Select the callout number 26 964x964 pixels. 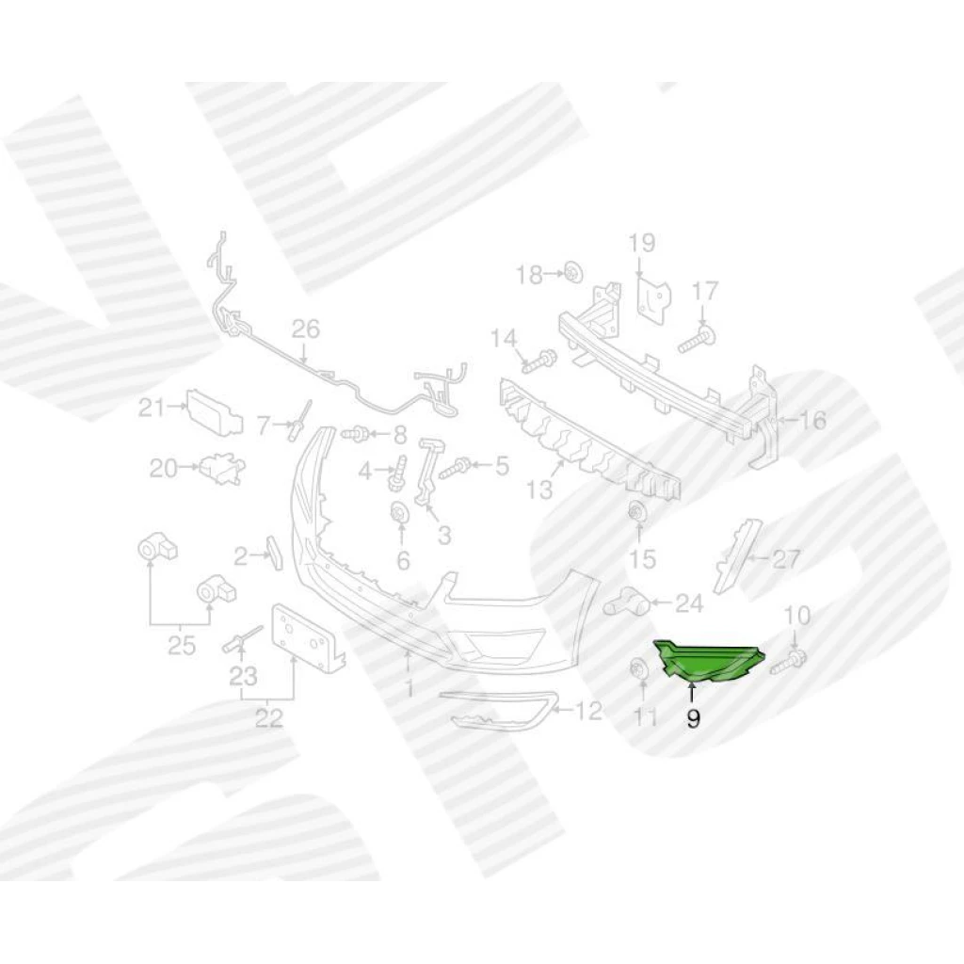click(x=306, y=329)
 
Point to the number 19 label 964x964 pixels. click(x=641, y=243)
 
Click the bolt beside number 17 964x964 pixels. click(x=698, y=339)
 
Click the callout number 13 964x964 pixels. click(x=539, y=490)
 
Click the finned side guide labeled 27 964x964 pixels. click(x=740, y=554)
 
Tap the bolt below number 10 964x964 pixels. click(x=788, y=661)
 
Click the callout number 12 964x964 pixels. click(x=586, y=712)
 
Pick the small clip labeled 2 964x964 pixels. click(x=274, y=553)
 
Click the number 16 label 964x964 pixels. click(x=811, y=421)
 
